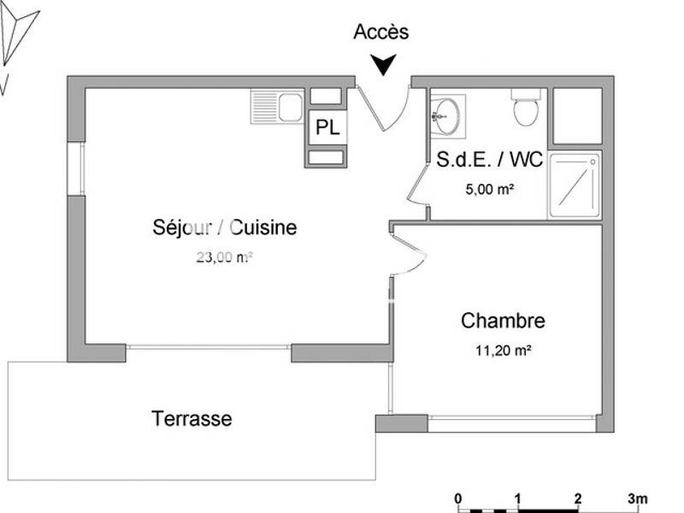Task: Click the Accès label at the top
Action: point(381,32)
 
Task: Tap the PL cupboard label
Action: point(327,128)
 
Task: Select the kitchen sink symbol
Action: point(278,108)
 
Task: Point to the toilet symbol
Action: point(525,110)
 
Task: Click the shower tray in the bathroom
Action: point(575,184)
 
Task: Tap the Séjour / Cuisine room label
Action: point(225,227)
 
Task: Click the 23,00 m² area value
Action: point(225,256)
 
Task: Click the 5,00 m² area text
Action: point(489,190)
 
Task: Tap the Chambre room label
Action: point(503,321)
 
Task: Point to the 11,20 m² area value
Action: point(504,349)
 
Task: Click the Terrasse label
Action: point(192,419)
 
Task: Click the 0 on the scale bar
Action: point(458,499)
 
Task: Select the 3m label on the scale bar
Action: point(637,499)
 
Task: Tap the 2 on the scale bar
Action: point(578,499)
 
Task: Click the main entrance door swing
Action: point(386,107)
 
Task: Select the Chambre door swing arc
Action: point(409,254)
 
